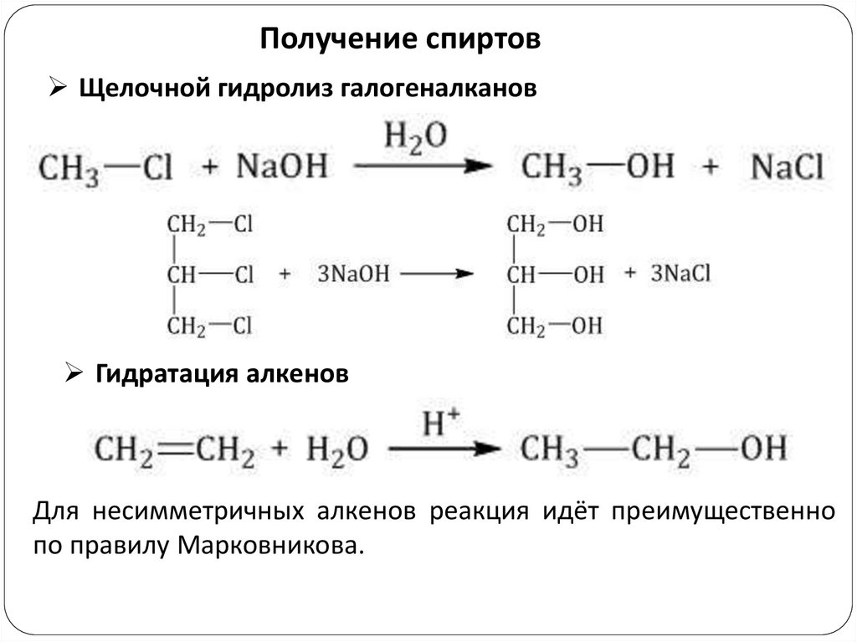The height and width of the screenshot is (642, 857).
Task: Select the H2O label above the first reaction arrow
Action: click(415, 136)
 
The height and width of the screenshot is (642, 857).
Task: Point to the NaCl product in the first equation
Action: click(788, 167)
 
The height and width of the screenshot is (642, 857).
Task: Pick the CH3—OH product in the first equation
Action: click(598, 167)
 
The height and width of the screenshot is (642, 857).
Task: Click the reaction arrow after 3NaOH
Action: click(436, 274)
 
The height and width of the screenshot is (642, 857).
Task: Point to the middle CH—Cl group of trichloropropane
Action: click(209, 275)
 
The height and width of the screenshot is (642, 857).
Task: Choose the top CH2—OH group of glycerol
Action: click(555, 225)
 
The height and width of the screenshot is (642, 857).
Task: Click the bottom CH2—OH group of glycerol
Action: click(555, 326)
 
